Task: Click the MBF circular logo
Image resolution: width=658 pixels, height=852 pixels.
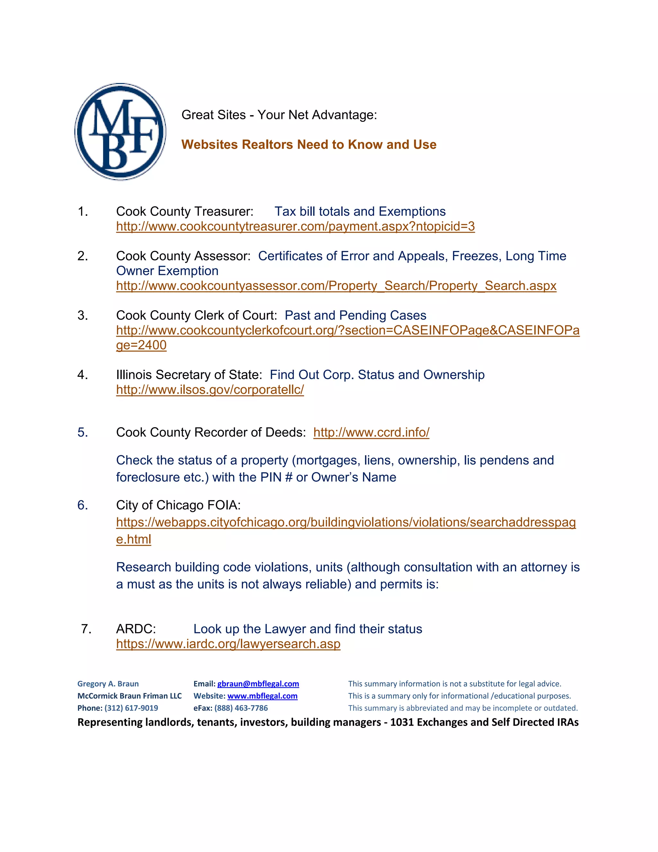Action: tap(120, 131)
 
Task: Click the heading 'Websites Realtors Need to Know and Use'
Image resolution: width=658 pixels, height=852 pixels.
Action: tap(308, 145)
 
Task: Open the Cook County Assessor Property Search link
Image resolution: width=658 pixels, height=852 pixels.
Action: tap(336, 286)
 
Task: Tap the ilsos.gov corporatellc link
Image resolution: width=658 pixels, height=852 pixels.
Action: tap(210, 390)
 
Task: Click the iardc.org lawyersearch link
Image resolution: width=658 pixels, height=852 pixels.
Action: tap(228, 644)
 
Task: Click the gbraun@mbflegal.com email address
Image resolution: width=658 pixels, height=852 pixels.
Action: tap(258, 684)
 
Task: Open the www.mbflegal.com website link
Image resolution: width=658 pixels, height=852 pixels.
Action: tap(262, 696)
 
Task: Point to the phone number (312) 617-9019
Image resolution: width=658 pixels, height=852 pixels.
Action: tap(131, 708)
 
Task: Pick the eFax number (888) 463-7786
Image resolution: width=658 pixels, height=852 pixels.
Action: tap(241, 708)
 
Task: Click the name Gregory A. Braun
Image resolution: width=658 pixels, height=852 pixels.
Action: tap(108, 684)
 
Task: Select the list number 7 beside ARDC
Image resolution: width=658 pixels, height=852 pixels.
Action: tap(86, 629)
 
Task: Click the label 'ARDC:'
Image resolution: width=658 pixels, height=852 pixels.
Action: tap(136, 629)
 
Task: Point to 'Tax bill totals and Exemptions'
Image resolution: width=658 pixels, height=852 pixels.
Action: tap(360, 212)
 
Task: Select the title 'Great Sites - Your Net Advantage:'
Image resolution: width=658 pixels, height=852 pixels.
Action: tap(279, 115)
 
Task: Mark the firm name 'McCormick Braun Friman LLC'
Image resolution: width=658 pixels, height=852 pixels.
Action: tap(129, 696)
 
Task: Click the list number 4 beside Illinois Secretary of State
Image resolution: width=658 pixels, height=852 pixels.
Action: tap(82, 375)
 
